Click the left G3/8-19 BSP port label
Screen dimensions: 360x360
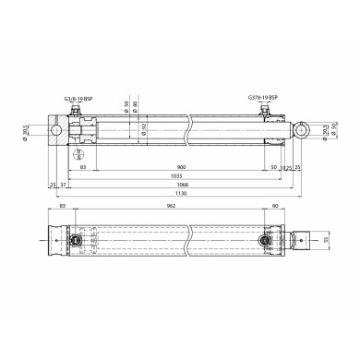78,96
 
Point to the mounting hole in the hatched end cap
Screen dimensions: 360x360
57,131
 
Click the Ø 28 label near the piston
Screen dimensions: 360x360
79,150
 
